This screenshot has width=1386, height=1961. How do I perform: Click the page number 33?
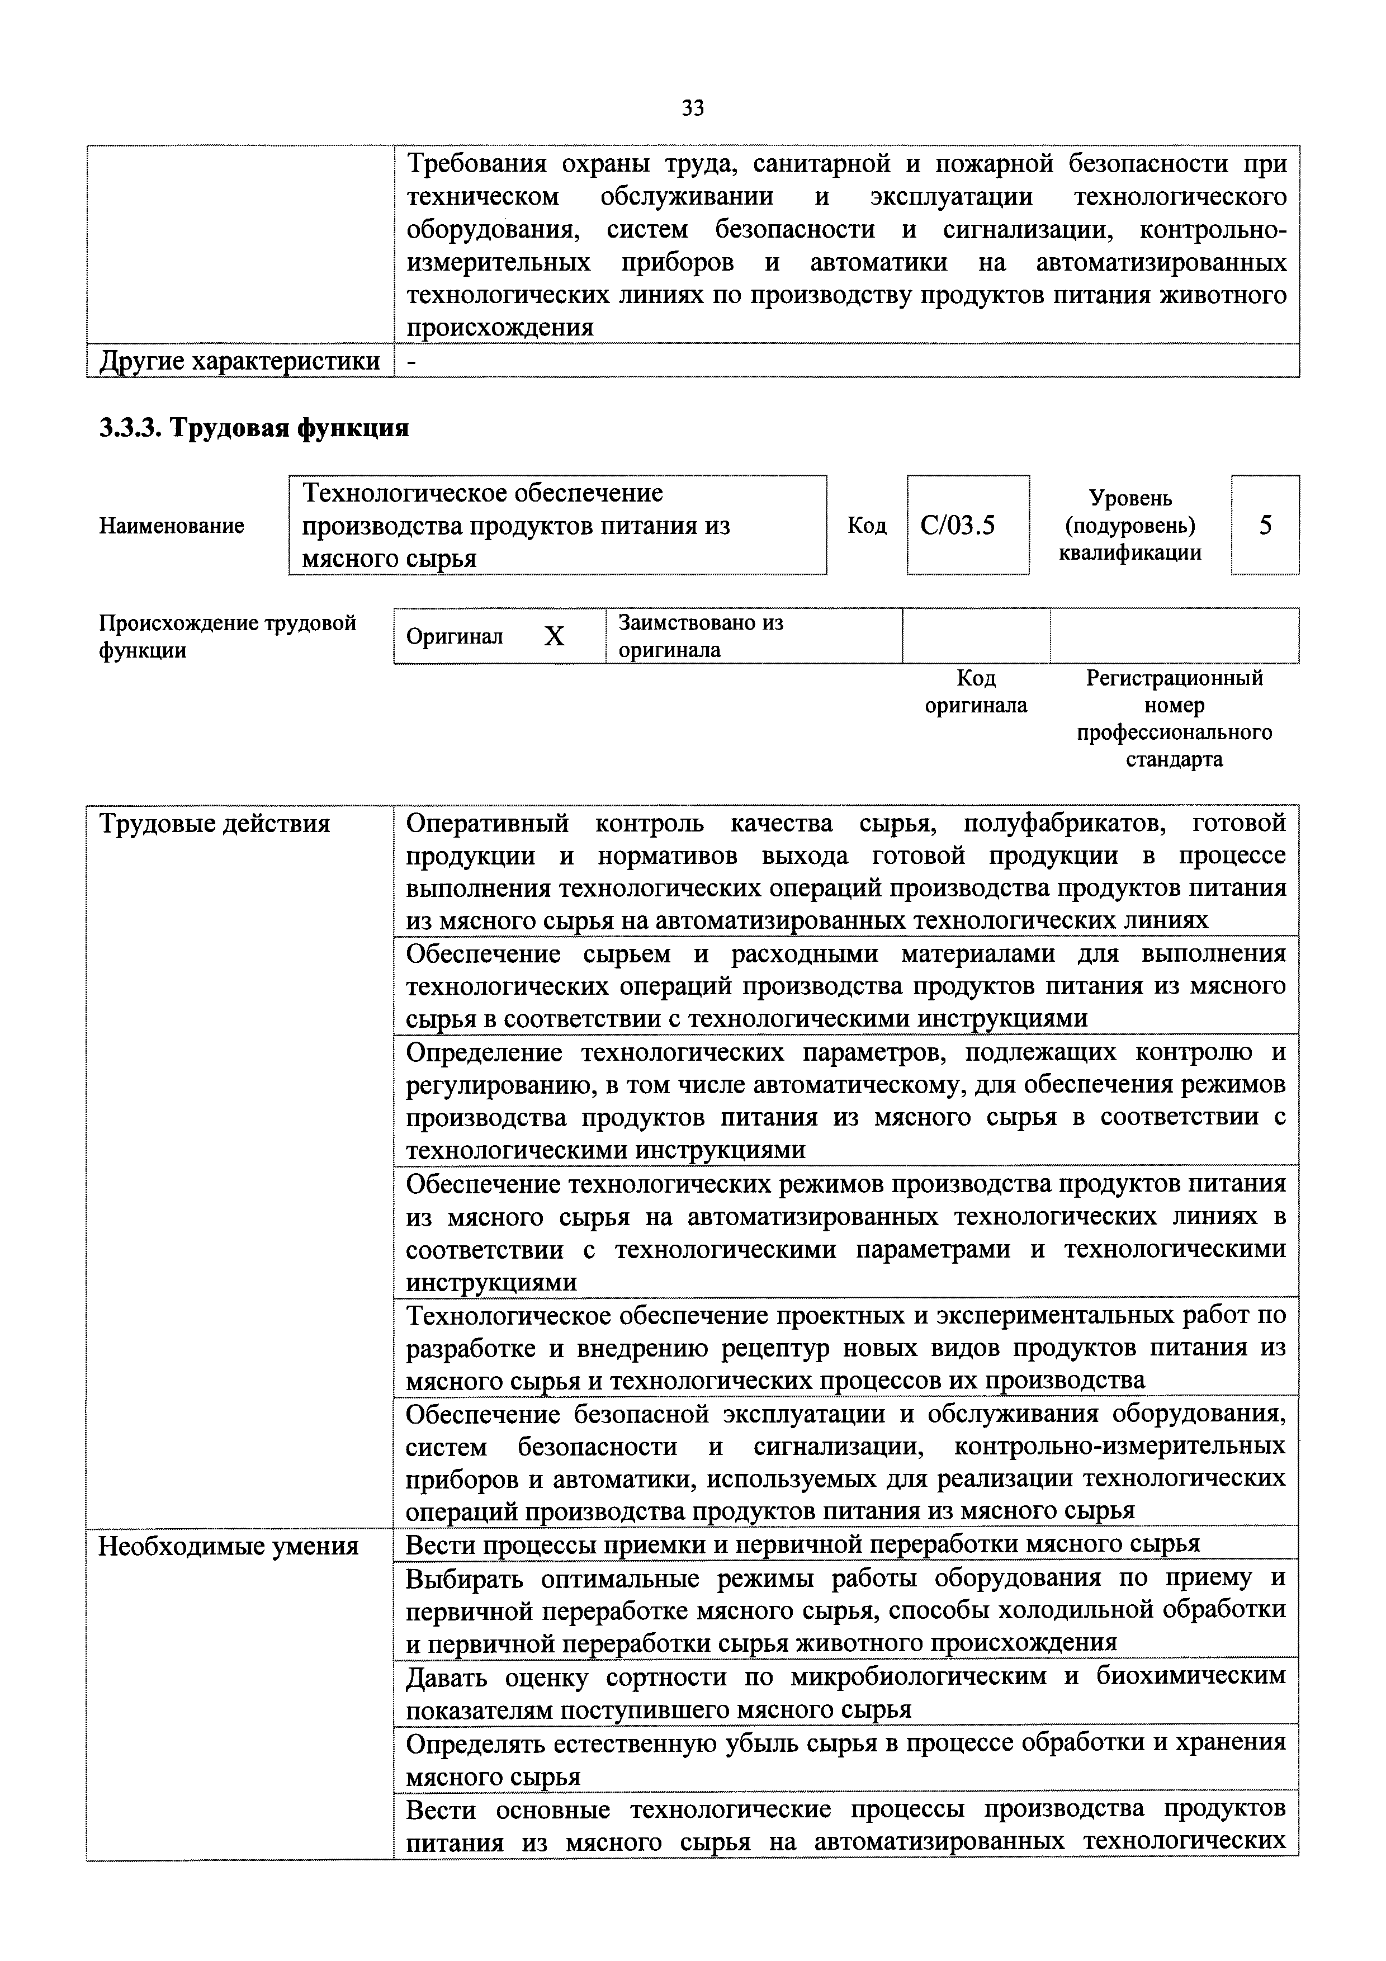(x=693, y=108)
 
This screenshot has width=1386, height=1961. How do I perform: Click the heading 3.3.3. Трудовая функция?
(x=254, y=428)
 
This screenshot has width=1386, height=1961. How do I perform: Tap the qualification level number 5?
(x=1265, y=525)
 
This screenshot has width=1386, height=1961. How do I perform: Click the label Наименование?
(x=172, y=525)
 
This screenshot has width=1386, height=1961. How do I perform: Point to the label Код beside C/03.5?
(x=866, y=525)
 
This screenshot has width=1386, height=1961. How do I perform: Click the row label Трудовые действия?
(x=214, y=823)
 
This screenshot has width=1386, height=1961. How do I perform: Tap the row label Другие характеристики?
(x=240, y=361)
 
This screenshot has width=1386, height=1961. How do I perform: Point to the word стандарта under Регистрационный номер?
(x=1174, y=759)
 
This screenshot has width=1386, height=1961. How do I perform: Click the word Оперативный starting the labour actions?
(x=487, y=823)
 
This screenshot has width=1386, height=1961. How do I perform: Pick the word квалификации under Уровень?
(x=1130, y=552)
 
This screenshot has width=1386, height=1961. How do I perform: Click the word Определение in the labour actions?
(x=484, y=1052)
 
